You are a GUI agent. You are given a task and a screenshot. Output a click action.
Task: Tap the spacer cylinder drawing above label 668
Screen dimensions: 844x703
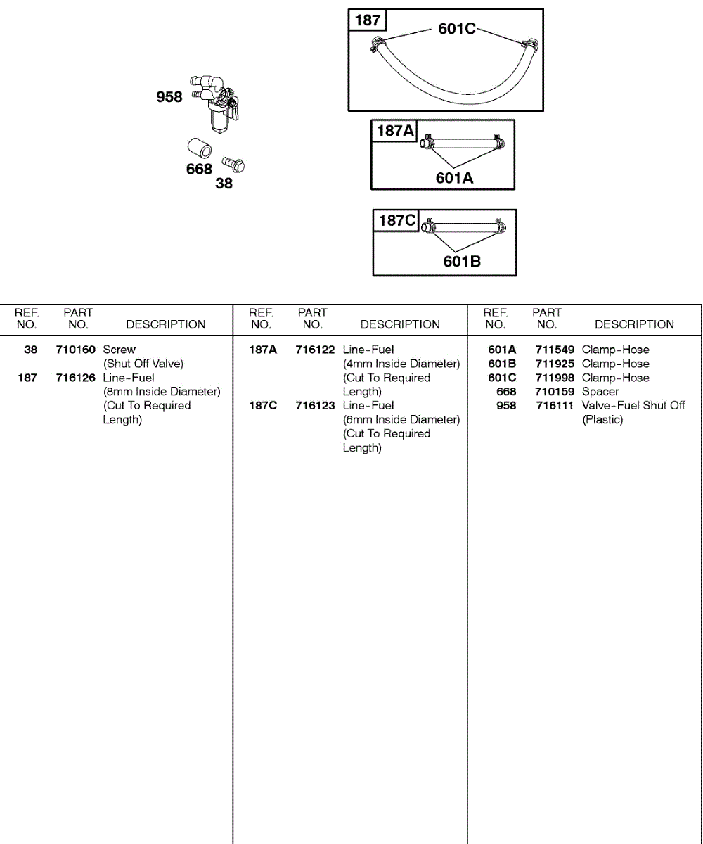(x=200, y=149)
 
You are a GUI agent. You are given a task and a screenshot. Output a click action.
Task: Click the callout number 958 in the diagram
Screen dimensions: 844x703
(x=169, y=97)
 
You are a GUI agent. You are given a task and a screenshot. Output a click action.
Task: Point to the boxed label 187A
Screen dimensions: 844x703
(x=396, y=131)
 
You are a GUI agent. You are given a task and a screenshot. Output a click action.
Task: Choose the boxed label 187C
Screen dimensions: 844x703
(x=397, y=221)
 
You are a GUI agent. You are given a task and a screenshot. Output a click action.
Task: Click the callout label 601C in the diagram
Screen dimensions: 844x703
(x=457, y=29)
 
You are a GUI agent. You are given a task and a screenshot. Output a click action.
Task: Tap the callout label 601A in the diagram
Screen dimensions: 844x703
(x=454, y=178)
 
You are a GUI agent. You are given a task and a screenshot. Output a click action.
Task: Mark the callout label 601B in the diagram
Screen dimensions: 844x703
(x=462, y=262)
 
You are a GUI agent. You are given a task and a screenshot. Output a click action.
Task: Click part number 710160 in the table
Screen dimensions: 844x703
(x=76, y=350)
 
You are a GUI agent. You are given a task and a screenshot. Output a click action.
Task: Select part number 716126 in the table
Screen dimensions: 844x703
(x=76, y=378)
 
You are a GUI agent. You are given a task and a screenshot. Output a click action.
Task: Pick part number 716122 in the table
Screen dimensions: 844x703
(x=315, y=350)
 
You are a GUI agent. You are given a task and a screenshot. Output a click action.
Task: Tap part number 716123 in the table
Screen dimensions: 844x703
(x=315, y=406)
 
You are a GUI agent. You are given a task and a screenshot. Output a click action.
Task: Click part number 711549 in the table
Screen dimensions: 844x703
(x=555, y=350)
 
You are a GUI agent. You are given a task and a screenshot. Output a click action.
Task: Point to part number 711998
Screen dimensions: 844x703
(x=555, y=378)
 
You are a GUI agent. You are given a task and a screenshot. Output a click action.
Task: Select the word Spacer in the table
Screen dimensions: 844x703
(x=600, y=392)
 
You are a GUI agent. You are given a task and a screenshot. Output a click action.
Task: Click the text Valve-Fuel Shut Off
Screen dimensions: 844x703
(x=633, y=406)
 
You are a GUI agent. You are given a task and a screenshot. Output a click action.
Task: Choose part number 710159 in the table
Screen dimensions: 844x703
(x=555, y=392)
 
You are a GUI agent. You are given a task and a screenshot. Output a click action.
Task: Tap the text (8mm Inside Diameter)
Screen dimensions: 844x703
(x=162, y=392)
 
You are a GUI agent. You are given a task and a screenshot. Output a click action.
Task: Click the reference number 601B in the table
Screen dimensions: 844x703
(x=502, y=364)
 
